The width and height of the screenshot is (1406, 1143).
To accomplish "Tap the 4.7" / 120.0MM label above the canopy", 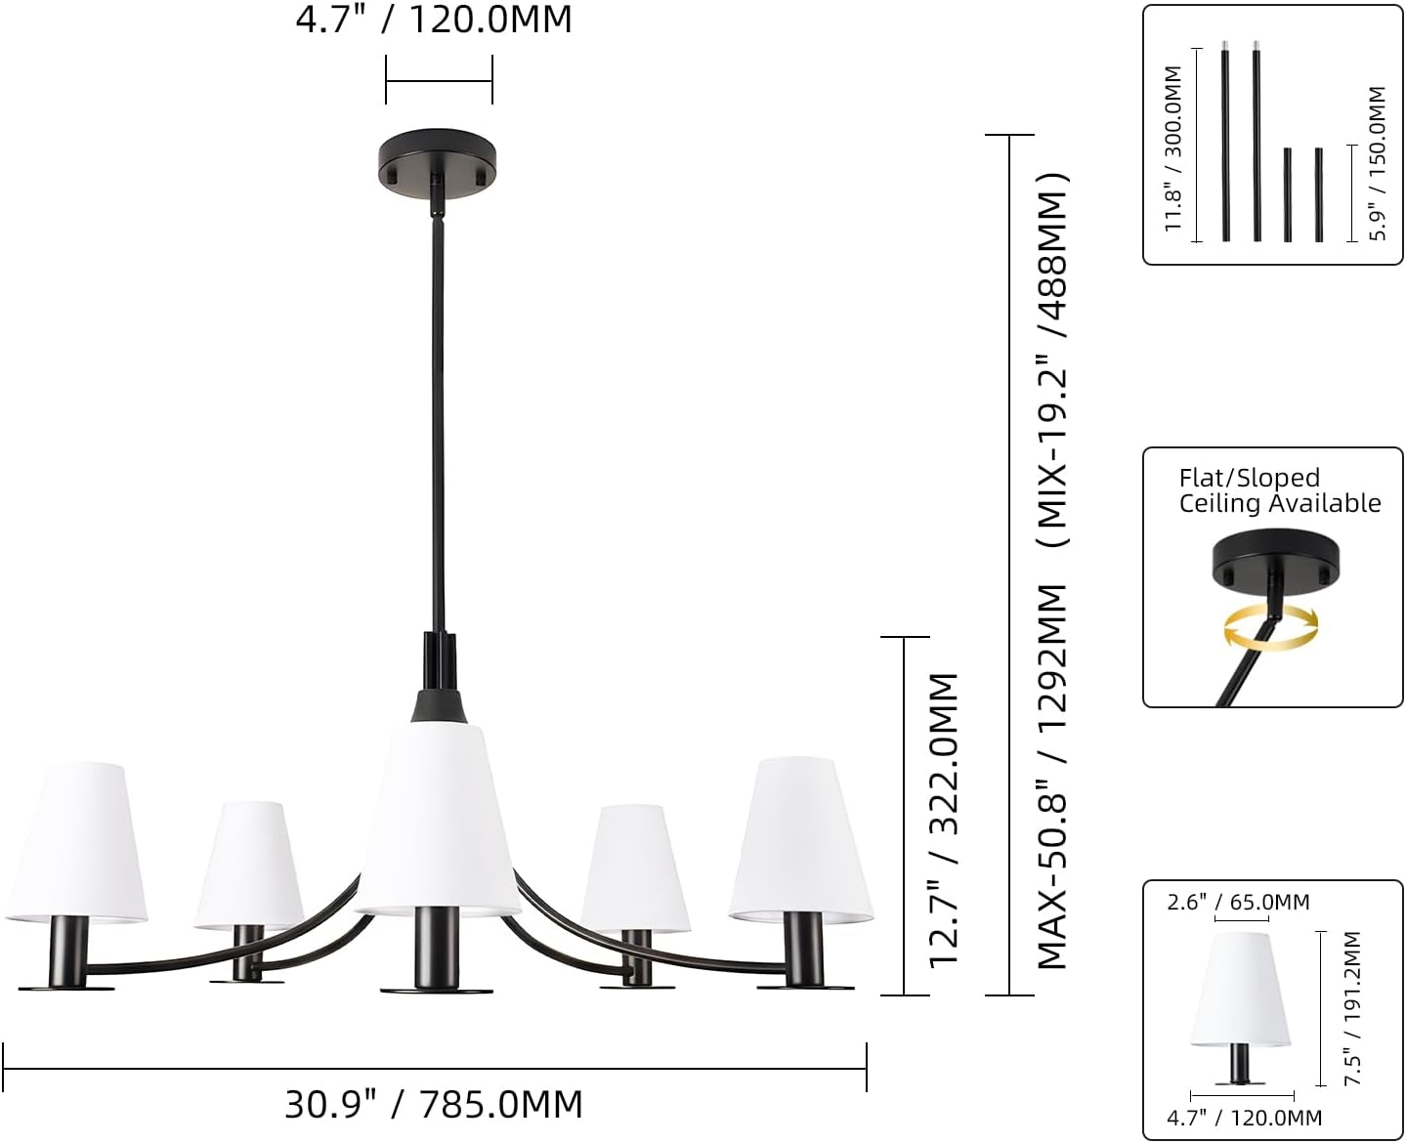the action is pyautogui.click(x=434, y=20).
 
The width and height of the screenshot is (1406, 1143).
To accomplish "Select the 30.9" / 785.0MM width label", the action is pyautogui.click(x=434, y=1103).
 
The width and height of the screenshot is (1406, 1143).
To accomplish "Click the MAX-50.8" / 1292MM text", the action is pyautogui.click(x=1052, y=777).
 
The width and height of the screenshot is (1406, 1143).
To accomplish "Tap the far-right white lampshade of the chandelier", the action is pyautogui.click(x=800, y=839).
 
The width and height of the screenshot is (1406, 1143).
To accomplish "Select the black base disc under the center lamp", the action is pyautogui.click(x=437, y=990).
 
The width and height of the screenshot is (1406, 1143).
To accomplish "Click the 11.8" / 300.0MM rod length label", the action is pyautogui.click(x=1172, y=148).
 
